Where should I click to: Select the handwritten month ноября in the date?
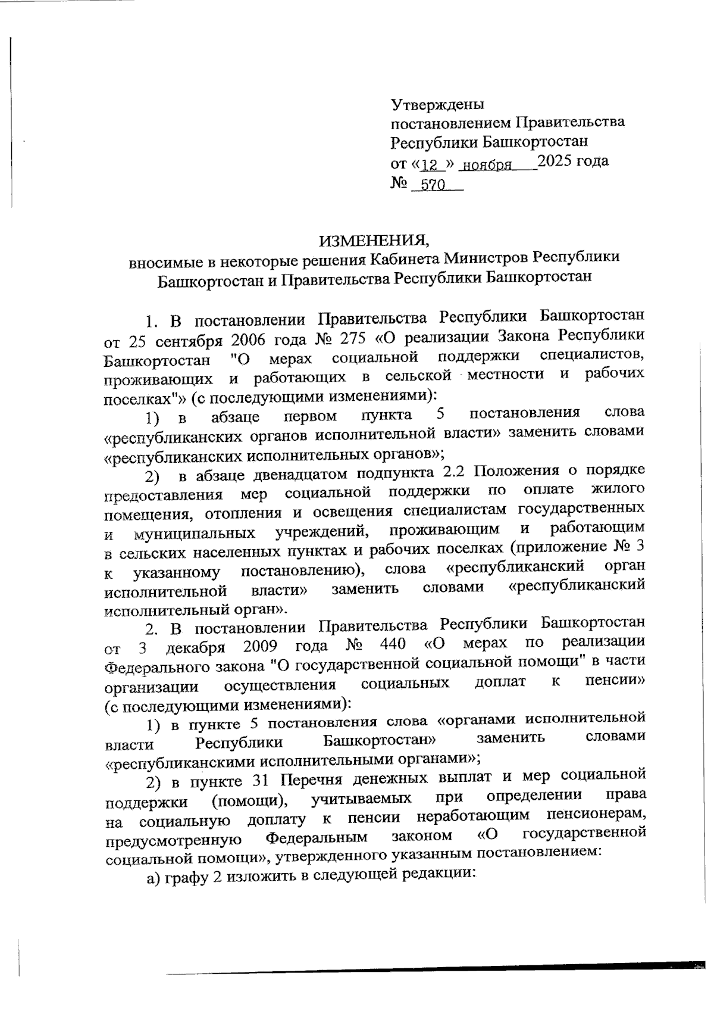coord(488,165)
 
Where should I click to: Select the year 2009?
coord(261,646)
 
